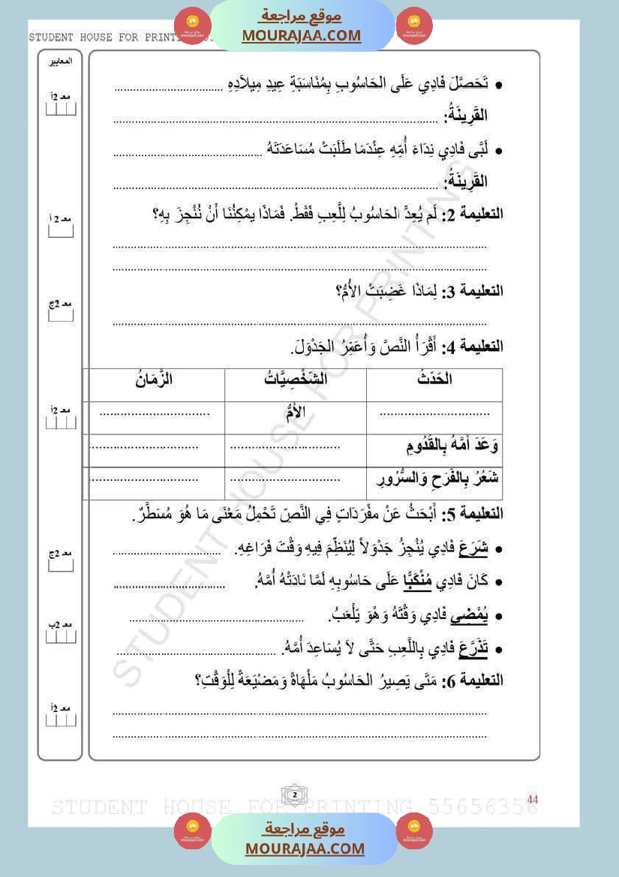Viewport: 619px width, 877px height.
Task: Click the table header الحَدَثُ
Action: tap(434, 380)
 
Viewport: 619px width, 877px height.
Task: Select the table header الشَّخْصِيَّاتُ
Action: tap(296, 380)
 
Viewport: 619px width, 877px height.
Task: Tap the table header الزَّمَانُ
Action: tap(154, 380)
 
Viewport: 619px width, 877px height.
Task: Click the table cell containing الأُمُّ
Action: tap(296, 412)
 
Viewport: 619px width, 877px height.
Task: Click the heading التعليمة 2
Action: tap(476, 215)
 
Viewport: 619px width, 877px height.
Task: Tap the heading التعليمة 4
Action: tap(476, 347)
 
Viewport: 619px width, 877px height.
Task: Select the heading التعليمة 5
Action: tap(476, 515)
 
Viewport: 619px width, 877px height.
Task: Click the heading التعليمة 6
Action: tap(476, 681)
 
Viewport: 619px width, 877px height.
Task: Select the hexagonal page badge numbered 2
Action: tap(295, 794)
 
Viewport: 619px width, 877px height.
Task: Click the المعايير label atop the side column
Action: tap(60, 62)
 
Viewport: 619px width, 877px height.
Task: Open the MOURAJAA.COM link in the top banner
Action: tap(302, 35)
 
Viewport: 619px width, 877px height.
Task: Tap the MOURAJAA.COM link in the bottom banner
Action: tap(305, 848)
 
